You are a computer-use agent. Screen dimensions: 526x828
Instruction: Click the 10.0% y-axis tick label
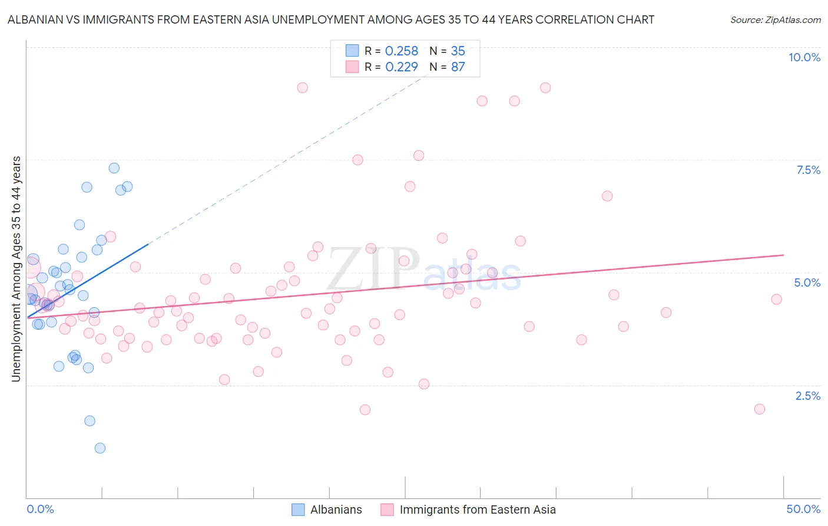coord(804,57)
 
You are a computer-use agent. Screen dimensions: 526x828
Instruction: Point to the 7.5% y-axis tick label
coord(808,170)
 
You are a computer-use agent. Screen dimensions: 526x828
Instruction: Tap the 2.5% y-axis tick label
coord(808,396)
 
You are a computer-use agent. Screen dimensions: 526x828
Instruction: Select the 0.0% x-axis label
coord(40,509)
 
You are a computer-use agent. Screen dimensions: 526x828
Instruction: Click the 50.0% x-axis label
coord(803,509)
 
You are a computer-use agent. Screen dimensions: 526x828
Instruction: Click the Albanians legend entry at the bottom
coord(336,509)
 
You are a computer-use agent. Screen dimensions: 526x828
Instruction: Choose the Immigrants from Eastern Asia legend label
coord(477,509)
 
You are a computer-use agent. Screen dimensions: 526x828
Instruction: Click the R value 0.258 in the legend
coord(401,51)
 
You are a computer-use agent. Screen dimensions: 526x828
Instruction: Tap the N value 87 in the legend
coord(458,67)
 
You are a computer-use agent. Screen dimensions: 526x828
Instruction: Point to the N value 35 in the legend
coord(458,51)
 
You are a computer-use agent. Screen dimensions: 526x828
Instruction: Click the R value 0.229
coord(401,67)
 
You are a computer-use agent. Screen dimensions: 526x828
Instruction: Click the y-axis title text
coord(16,269)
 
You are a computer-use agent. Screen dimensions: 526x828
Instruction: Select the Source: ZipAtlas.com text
coord(775,20)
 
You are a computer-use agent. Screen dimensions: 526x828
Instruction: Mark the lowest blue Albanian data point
coord(100,448)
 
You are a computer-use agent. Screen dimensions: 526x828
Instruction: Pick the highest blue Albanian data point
coord(114,168)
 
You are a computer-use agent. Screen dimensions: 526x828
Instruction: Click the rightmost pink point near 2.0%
coord(759,409)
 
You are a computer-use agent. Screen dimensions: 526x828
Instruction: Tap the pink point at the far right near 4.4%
coord(776,300)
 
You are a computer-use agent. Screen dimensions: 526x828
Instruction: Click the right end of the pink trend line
coord(783,255)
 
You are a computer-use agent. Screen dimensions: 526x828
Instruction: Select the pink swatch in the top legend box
coord(352,67)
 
